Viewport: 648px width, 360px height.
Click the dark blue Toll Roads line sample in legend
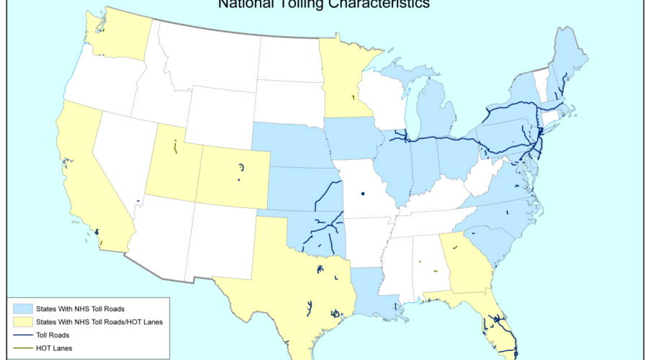(22, 335)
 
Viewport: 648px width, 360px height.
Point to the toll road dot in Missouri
(363, 194)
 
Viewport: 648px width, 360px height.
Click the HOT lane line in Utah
(175, 148)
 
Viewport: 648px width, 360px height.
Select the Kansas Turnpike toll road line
(329, 193)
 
